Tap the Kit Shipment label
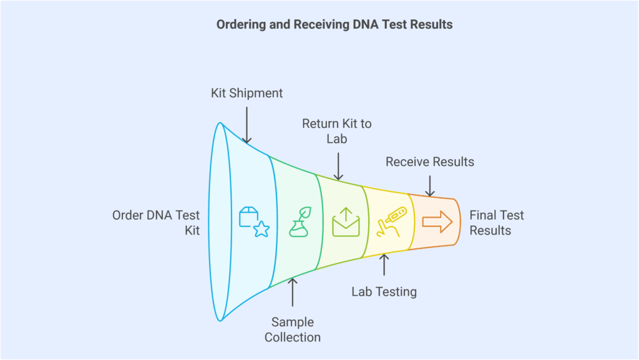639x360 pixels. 246,93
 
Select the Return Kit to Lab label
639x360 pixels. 336,131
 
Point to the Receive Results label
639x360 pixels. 429,162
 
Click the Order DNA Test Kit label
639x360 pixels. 156,223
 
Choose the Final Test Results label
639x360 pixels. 497,223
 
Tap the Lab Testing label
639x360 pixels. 384,291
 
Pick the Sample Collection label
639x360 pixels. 293,330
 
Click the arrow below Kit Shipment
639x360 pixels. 246,125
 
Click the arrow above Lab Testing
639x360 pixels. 384,265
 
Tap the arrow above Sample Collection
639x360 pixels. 293,292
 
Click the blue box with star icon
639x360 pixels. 253,222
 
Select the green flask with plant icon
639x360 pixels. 300,222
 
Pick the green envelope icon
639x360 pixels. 346,222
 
